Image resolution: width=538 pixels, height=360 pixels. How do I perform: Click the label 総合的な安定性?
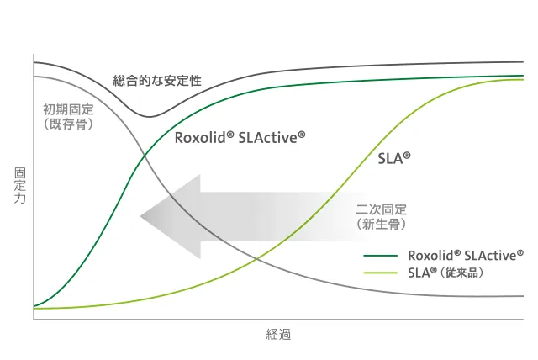click(157, 82)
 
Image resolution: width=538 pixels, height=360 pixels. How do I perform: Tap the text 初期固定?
click(68, 109)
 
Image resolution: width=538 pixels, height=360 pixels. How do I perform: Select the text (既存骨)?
click(68, 124)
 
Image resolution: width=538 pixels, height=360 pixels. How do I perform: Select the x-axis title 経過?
click(278, 335)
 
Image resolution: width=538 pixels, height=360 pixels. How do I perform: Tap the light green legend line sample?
click(380, 273)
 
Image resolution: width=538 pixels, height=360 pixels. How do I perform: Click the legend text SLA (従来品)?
click(445, 273)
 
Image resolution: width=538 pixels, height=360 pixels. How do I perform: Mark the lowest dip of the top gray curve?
click(149, 116)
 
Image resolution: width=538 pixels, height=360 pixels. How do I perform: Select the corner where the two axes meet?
click(34, 319)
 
